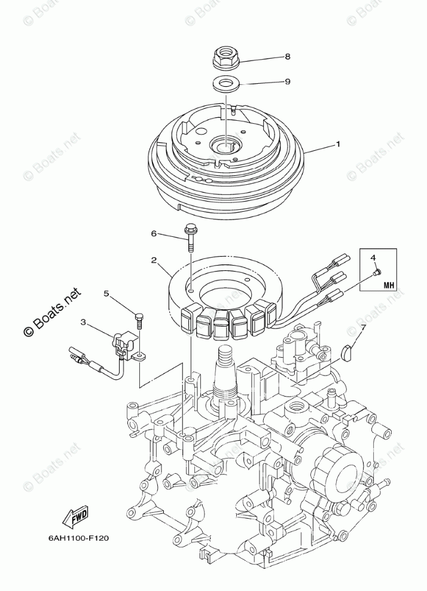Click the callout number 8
(288, 57)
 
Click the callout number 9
(288, 81)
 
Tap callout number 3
(83, 322)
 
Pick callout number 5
(106, 294)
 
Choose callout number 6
(153, 233)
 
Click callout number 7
(361, 327)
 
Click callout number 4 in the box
(373, 257)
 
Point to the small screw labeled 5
(139, 320)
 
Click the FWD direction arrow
(75, 517)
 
